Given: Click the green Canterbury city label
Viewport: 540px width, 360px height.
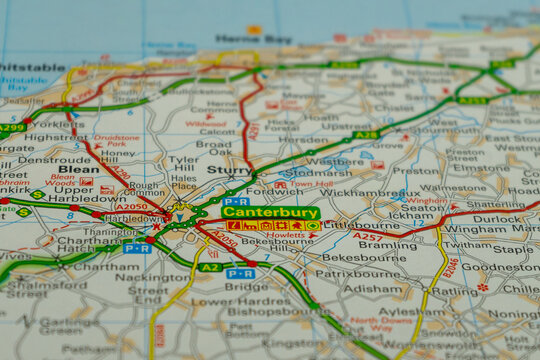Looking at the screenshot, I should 270,212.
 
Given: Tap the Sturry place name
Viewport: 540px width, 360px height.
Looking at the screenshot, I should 228,170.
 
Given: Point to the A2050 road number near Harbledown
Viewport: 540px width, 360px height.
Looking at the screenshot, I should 130,206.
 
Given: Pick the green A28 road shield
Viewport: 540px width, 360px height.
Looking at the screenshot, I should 366,135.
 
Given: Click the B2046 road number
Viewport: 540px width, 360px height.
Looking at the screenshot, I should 451,268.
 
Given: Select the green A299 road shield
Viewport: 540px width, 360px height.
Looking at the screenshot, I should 12,128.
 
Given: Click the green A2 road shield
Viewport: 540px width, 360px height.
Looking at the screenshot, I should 209,267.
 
